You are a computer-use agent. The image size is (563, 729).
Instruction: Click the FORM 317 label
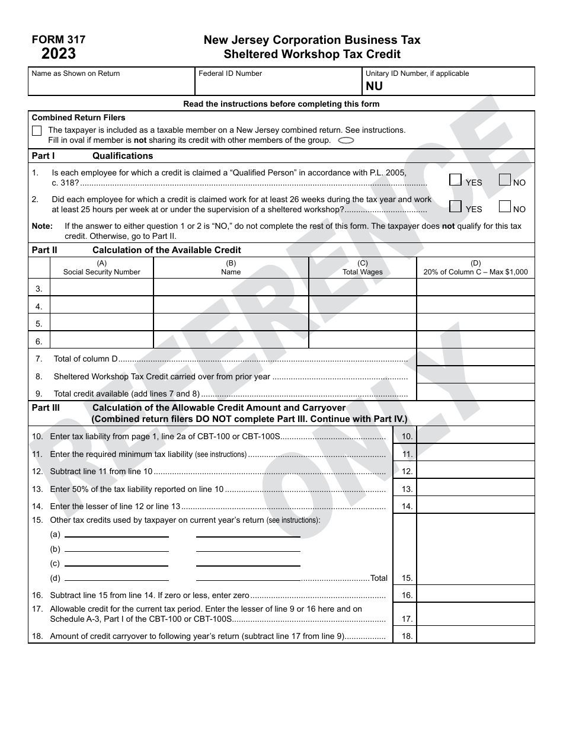tap(58, 40)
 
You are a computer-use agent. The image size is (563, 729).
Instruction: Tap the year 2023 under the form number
tap(58, 54)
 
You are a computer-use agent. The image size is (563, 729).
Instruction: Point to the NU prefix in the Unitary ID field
tap(374, 86)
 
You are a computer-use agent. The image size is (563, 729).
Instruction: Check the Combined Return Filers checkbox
tap(37, 130)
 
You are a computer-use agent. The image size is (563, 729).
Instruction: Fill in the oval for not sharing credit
tap(346, 140)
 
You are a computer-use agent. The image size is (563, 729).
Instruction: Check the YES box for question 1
tap(455, 180)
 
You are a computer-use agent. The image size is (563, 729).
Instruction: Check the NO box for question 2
tap(505, 206)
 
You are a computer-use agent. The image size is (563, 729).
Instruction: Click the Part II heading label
tap(44, 250)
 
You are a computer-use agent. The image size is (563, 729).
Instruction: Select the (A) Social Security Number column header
tap(101, 268)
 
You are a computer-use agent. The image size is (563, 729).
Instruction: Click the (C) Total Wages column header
tap(362, 268)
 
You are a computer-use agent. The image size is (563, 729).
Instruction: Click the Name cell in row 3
tap(231, 287)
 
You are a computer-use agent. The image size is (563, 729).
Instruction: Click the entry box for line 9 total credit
tap(475, 392)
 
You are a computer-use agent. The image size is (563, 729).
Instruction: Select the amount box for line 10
tap(475, 436)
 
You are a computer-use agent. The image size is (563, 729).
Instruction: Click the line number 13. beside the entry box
tap(407, 490)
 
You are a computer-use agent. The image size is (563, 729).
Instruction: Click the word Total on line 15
tap(379, 578)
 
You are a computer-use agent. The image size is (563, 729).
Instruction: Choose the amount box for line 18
tap(475, 635)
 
